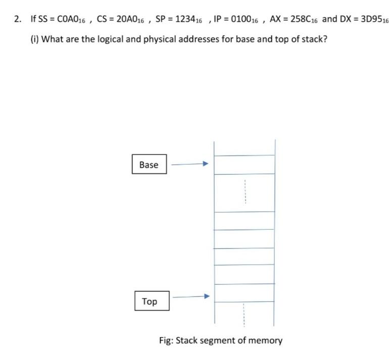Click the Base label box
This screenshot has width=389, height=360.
coord(149,165)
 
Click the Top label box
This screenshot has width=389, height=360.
coord(152,301)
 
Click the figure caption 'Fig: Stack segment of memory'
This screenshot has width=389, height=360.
coord(221,340)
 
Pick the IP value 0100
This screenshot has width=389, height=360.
coord(240,19)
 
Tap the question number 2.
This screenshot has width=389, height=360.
coord(18,19)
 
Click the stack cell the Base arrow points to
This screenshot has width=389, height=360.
coord(245,165)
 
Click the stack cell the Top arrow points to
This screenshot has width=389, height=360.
coord(245,293)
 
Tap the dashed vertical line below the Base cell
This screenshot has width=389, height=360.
coord(245,192)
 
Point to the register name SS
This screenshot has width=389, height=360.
coord(43,19)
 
